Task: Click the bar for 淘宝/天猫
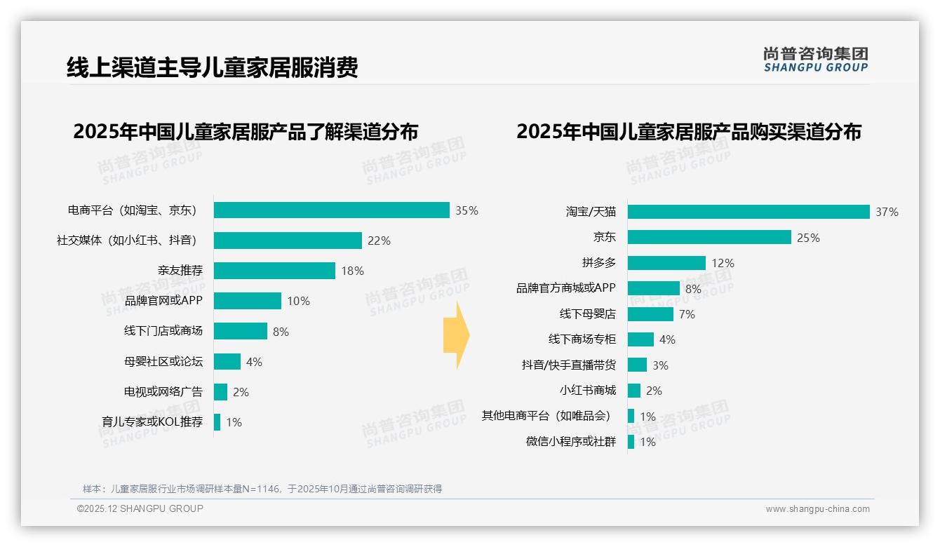click(x=748, y=212)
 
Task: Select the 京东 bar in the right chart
click(x=709, y=238)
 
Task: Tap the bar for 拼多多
click(x=666, y=263)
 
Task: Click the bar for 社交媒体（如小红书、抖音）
click(x=288, y=241)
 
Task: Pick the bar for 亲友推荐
click(x=274, y=271)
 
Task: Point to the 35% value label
click(x=466, y=210)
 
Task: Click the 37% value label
click(x=887, y=212)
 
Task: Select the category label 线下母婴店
click(x=587, y=314)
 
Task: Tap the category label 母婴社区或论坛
click(x=163, y=362)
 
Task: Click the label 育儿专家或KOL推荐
click(x=152, y=422)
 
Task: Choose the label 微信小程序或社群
click(x=571, y=442)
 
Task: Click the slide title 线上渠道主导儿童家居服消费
click(x=212, y=67)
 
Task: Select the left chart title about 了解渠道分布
click(x=246, y=132)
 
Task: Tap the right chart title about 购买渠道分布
click(x=689, y=132)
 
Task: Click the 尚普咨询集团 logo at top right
click(x=815, y=59)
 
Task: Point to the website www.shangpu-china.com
click(x=817, y=509)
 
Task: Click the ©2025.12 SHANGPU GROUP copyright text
click(x=140, y=508)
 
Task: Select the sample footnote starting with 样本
click(x=262, y=489)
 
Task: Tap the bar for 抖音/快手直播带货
click(x=637, y=365)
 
